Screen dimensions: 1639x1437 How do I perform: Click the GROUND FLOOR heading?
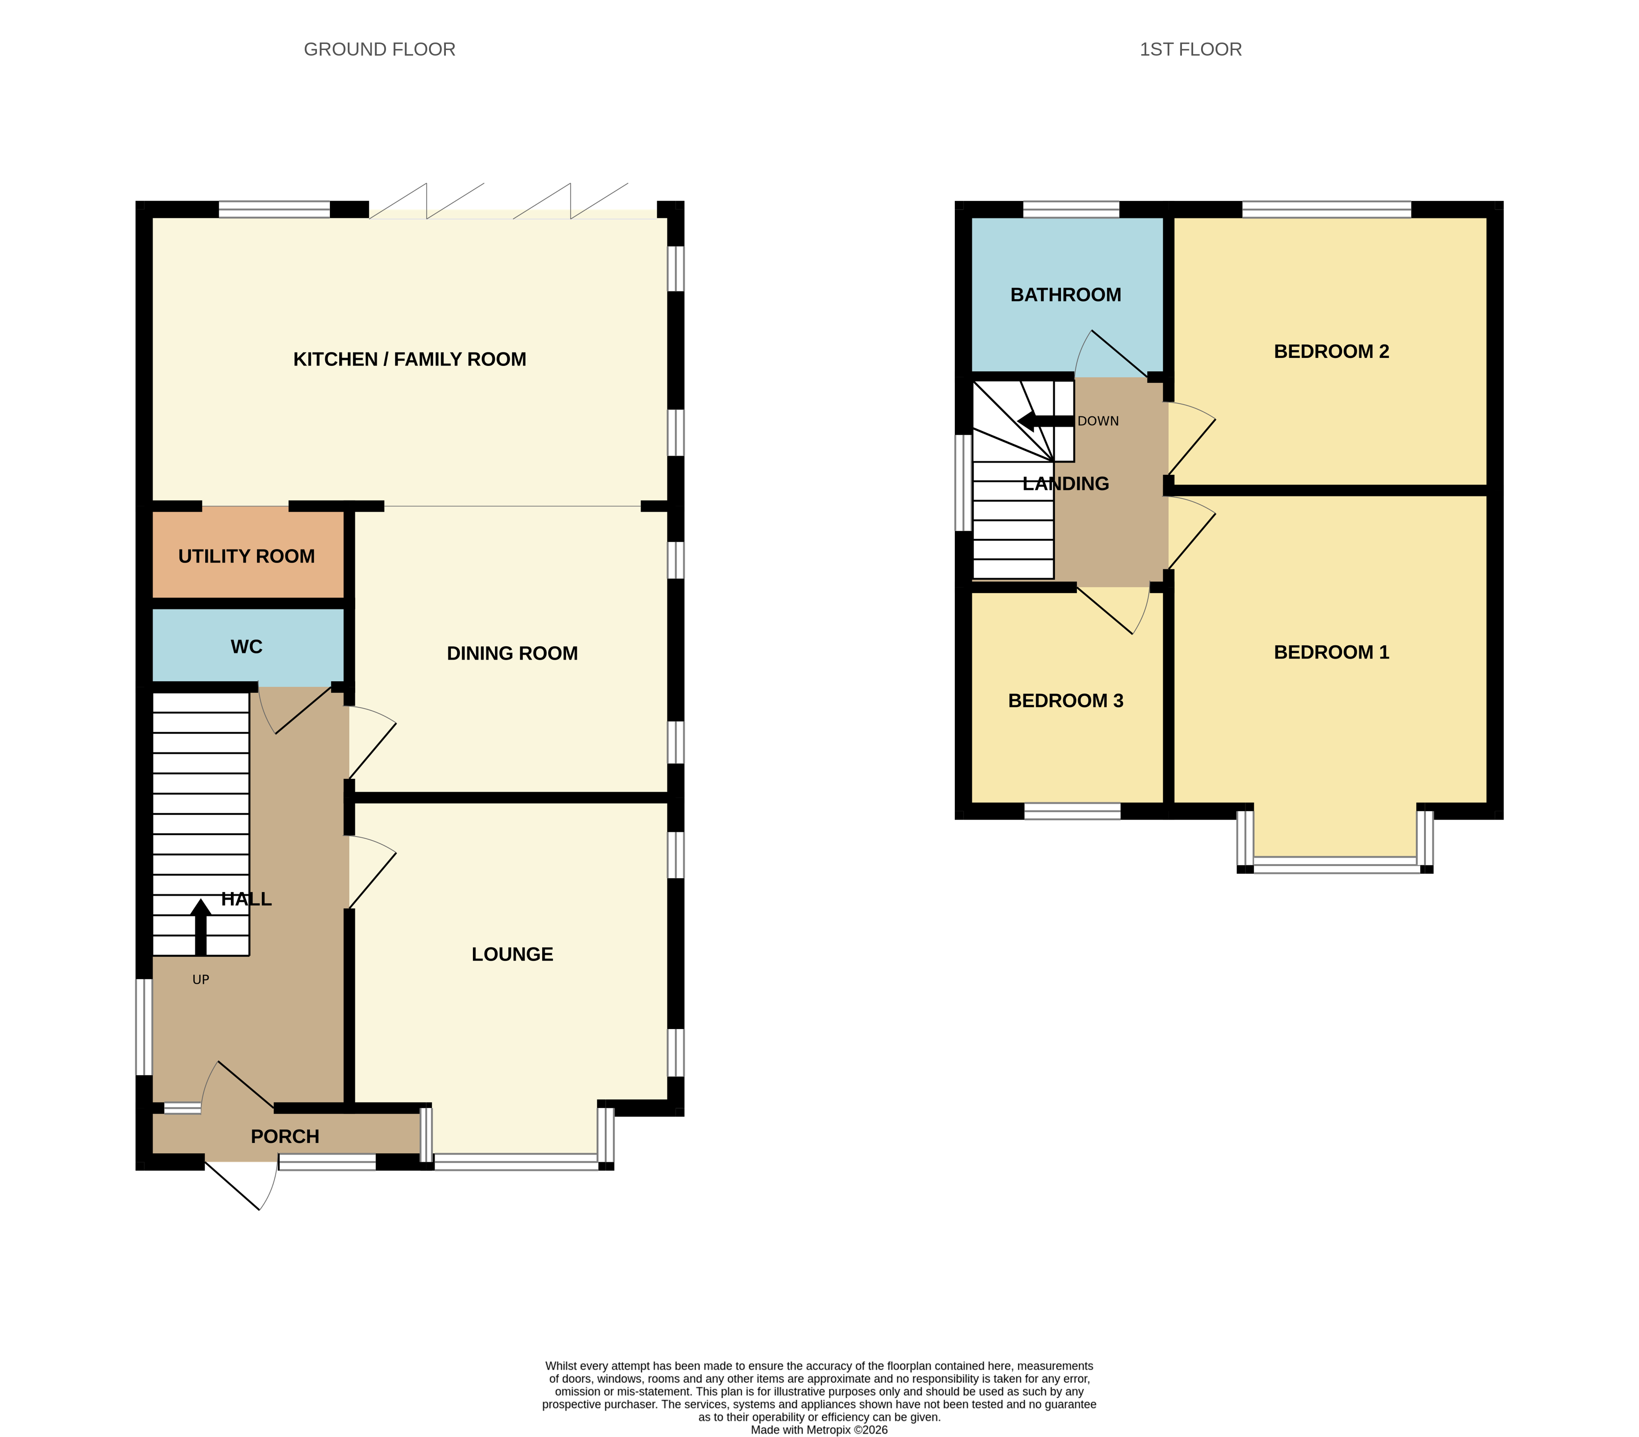click(x=379, y=50)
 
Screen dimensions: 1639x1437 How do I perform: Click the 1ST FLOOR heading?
click(x=1191, y=50)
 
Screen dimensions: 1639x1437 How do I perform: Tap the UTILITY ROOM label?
click(x=246, y=557)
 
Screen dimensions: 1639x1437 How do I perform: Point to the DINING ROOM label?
click(x=512, y=654)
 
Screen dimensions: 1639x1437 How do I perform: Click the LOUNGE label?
click(x=512, y=954)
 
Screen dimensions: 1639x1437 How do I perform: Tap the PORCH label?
click(x=285, y=1137)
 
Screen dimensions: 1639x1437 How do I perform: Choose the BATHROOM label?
click(x=1066, y=295)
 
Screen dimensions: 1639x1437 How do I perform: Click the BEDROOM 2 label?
click(x=1331, y=351)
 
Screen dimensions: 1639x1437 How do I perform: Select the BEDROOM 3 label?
click(x=1066, y=701)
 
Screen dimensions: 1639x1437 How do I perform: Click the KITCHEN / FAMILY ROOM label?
click(x=410, y=359)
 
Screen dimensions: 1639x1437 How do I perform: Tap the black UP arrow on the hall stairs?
click(x=200, y=928)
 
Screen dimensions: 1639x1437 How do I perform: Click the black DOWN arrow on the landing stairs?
click(x=1045, y=421)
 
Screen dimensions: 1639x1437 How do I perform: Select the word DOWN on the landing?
click(x=1098, y=421)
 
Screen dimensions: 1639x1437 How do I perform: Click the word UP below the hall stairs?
click(x=200, y=979)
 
